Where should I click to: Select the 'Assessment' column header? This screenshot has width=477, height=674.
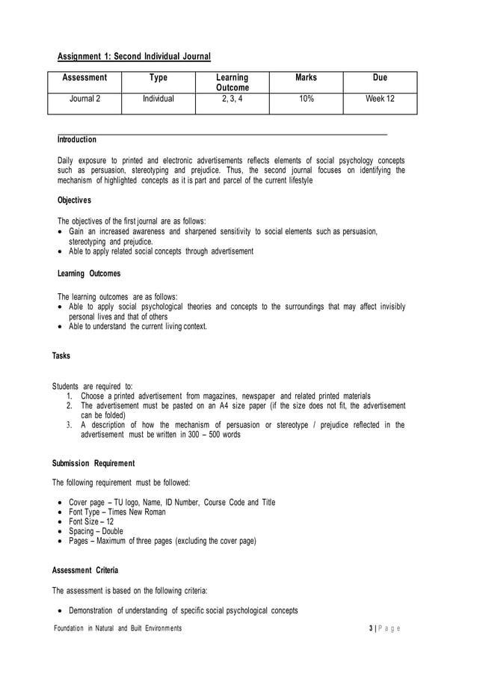(84, 77)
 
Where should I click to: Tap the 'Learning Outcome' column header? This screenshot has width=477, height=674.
(232, 82)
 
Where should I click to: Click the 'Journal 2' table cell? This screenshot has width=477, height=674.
(84, 98)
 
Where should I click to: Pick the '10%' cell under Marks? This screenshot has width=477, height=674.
(306, 98)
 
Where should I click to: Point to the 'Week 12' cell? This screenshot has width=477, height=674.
(380, 98)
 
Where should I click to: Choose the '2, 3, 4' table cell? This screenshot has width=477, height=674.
(232, 98)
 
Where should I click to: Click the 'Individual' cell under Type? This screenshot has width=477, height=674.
(159, 98)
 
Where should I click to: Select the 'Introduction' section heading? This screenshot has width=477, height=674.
(77, 140)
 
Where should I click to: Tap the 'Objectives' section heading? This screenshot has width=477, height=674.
(75, 201)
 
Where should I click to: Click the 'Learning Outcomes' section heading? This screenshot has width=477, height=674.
(89, 273)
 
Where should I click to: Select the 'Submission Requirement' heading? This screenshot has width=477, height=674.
(93, 462)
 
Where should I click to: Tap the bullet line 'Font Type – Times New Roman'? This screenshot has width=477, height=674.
(117, 512)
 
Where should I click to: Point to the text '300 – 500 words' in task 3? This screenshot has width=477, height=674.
(210, 434)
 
